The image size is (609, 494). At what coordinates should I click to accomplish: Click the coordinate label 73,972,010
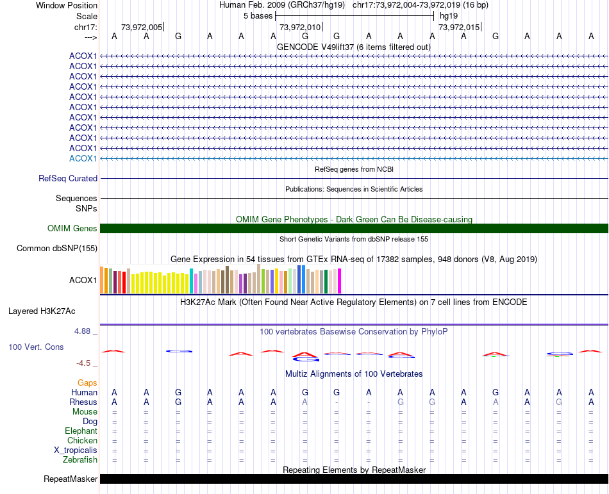pyautogui.click(x=299, y=27)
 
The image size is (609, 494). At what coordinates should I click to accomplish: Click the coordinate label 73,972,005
pyautogui.click(x=142, y=27)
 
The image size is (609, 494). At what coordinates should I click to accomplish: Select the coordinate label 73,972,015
pyautogui.click(x=458, y=27)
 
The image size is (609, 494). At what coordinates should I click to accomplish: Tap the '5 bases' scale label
pyautogui.click(x=258, y=16)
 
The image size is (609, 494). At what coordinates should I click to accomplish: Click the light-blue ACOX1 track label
pyautogui.click(x=83, y=158)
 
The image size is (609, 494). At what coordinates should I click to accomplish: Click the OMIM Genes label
pyautogui.click(x=72, y=229)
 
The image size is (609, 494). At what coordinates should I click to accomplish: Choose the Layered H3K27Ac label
pyautogui.click(x=42, y=311)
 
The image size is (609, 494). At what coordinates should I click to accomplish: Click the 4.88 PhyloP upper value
pyautogui.click(x=83, y=331)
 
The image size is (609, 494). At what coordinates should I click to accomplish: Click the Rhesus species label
pyautogui.click(x=83, y=402)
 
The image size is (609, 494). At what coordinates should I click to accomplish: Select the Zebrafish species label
pyautogui.click(x=80, y=459)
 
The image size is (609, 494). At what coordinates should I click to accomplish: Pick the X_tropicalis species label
pyautogui.click(x=76, y=450)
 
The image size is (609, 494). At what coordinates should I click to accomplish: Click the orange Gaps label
pyautogui.click(x=87, y=383)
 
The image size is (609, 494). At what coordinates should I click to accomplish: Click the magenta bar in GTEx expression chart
pyautogui.click(x=339, y=281)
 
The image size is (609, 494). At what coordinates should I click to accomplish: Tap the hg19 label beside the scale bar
pyautogui.click(x=449, y=16)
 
